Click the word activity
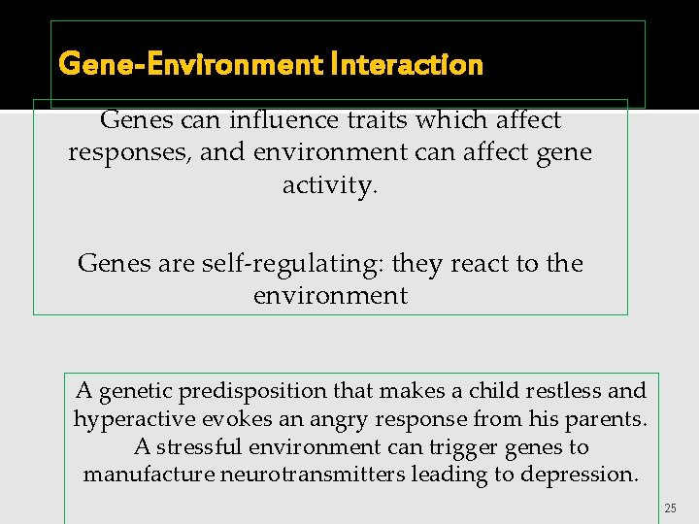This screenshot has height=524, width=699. pos(328,185)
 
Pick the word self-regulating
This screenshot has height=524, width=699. pos(279,264)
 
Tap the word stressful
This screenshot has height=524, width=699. pos(209,447)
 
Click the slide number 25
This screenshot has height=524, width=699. pos(670,508)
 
